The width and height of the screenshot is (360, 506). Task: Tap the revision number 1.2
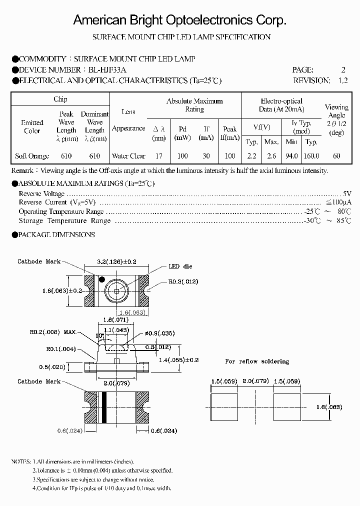tap(342, 80)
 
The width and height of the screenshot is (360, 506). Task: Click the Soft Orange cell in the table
tap(32, 156)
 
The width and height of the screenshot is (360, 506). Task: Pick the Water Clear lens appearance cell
tap(128, 156)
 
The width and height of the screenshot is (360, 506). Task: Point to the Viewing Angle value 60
tap(336, 156)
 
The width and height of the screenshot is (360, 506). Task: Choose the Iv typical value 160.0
tap(311, 156)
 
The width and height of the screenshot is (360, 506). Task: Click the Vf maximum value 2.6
tap(271, 156)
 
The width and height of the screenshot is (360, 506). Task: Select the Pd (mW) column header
tap(182, 133)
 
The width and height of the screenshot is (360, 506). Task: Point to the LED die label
tap(180, 266)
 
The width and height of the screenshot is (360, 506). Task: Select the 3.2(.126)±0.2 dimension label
tap(116, 260)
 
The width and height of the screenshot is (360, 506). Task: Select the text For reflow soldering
tap(256, 361)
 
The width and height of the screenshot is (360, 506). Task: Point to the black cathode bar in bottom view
tap(105, 406)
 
